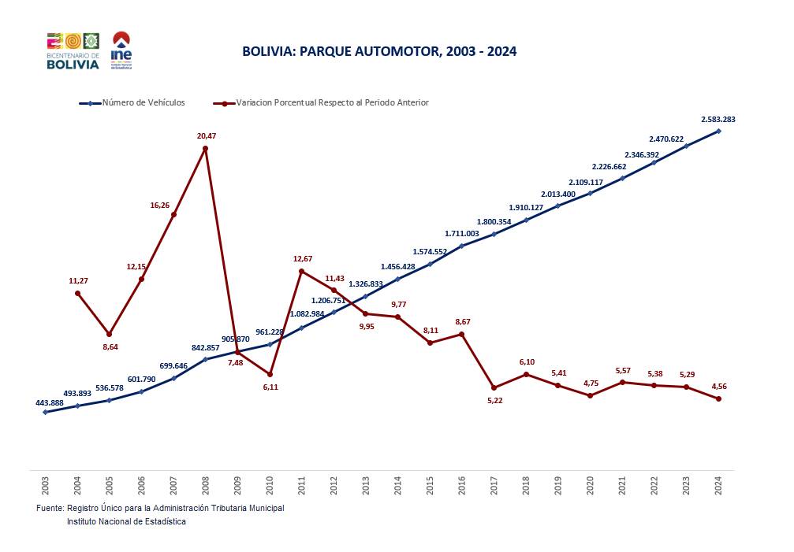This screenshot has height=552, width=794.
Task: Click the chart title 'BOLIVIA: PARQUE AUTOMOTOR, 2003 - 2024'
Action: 379,52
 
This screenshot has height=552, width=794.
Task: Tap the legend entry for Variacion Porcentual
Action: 330,102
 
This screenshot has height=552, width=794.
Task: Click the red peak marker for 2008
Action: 206,149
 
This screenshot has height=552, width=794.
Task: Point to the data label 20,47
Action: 206,136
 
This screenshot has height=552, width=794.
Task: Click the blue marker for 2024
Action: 718,131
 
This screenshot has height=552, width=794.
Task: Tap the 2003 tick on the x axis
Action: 45,484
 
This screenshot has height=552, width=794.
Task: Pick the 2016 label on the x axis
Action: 462,484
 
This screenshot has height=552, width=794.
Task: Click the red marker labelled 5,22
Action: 494,387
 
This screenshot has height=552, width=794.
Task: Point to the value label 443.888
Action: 50,402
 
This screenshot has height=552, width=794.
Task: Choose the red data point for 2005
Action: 110,335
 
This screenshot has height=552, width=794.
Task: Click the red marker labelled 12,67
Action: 302,272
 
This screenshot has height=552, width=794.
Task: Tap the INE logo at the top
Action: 121,50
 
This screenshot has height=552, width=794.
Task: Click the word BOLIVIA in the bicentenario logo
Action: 73,65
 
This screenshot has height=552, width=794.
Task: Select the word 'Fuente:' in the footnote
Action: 50,509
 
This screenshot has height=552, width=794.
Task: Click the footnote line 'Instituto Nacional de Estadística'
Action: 126,522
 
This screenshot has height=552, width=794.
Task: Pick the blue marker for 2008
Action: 206,359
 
